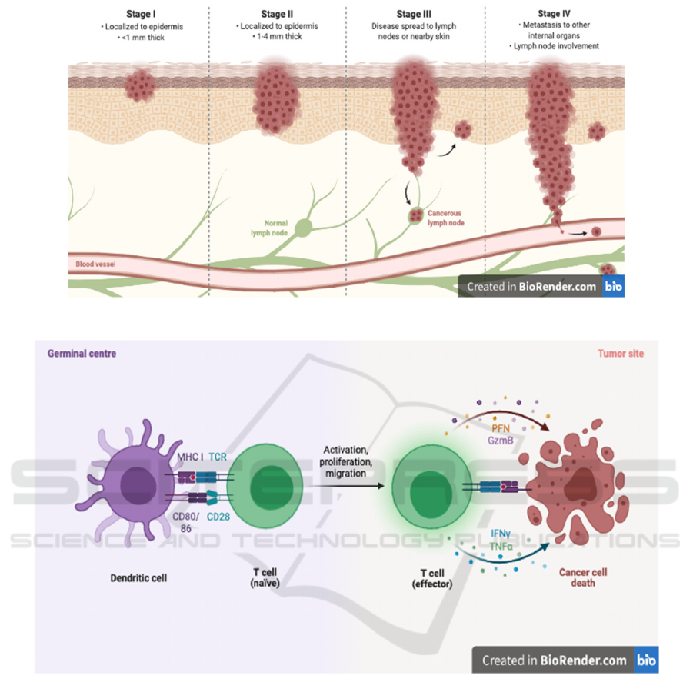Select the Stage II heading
tap(278, 15)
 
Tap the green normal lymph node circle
tap(304, 227)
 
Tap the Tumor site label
tap(621, 354)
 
